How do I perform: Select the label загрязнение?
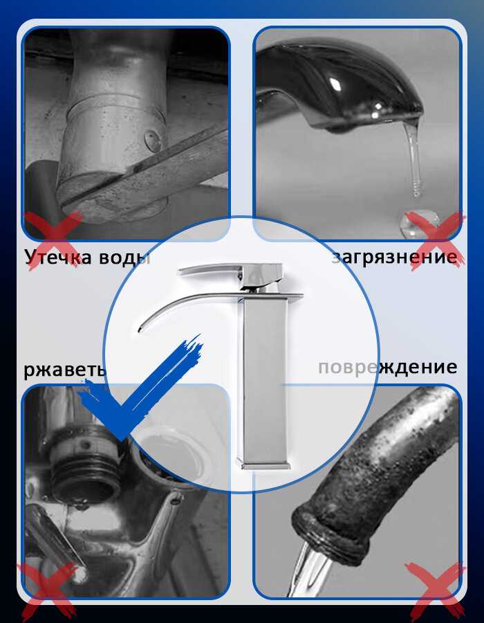tap(395, 257)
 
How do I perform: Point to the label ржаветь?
tap(65, 370)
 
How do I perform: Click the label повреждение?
tap(388, 367)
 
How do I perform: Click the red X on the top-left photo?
tap(53, 240)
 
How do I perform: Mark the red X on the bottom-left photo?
tap(48, 591)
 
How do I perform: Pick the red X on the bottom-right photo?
tap(435, 591)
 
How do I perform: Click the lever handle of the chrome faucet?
tap(230, 273)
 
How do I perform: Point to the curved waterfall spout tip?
tap(140, 329)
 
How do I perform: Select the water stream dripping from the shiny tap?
tap(413, 159)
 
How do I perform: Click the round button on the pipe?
tap(153, 141)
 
